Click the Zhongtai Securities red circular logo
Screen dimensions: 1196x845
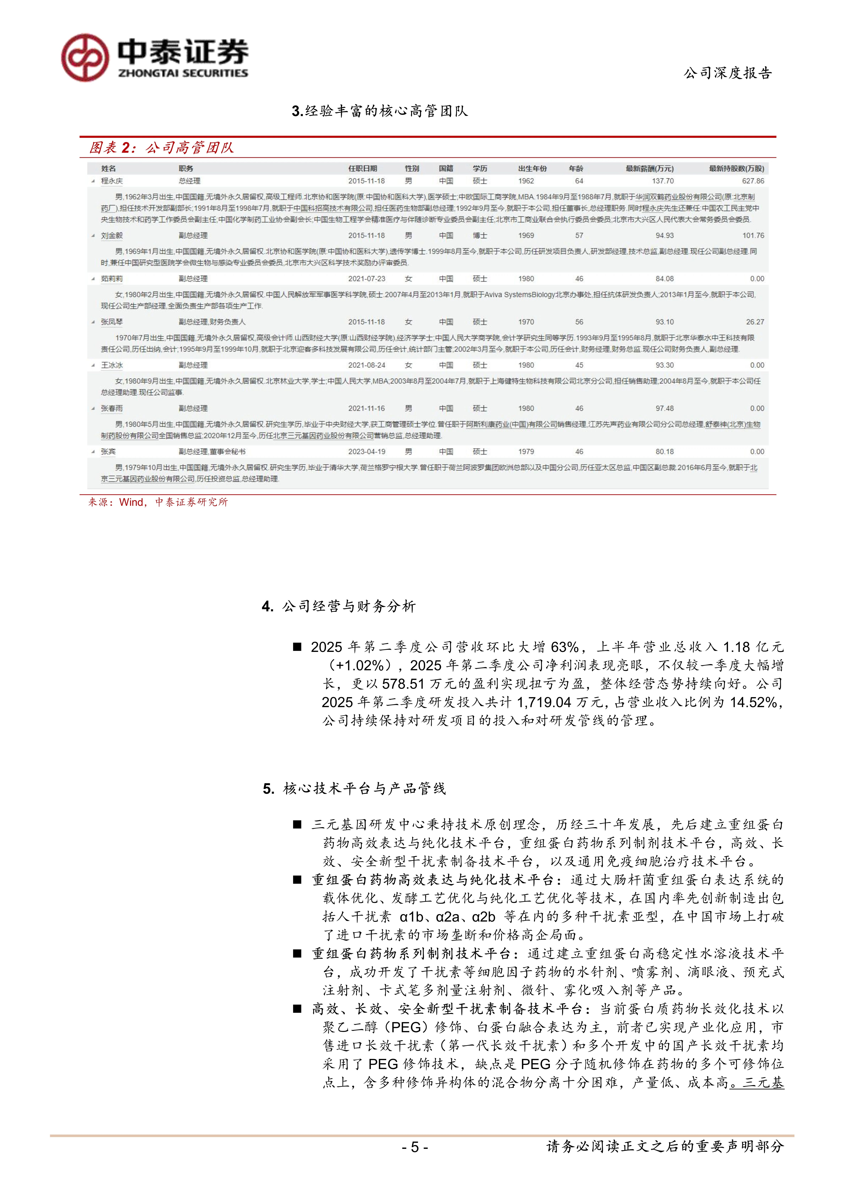coord(85,58)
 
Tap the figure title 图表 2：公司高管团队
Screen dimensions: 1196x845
coord(161,148)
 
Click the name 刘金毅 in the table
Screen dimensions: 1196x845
coord(112,235)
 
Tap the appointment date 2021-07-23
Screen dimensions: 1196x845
coord(367,279)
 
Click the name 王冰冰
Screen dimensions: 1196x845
coord(112,365)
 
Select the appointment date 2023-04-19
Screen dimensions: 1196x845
coord(367,452)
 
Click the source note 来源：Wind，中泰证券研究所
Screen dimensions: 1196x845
coord(158,502)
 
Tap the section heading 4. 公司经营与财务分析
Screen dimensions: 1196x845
coord(338,606)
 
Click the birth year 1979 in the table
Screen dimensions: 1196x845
coord(526,452)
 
